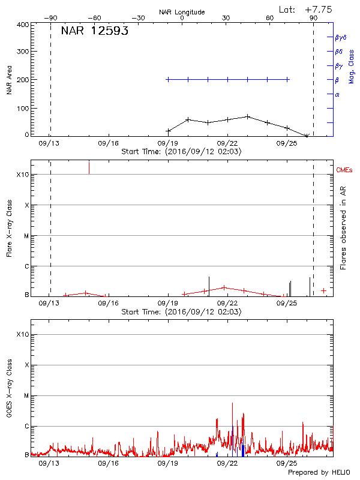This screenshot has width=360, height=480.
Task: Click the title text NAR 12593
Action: [94, 32]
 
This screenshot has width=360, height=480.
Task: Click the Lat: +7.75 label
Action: [306, 9]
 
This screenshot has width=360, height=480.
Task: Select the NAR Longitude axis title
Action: [182, 12]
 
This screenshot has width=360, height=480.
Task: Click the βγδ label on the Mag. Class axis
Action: [341, 37]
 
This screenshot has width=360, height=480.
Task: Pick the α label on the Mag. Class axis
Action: [337, 94]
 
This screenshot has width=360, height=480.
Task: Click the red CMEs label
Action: [344, 170]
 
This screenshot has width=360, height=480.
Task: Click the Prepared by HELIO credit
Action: [318, 473]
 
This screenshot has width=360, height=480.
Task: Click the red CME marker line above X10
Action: [89, 167]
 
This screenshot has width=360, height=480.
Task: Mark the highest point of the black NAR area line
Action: [247, 116]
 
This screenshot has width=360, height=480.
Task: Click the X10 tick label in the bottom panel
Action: [23, 334]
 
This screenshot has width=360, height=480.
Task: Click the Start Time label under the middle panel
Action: [181, 312]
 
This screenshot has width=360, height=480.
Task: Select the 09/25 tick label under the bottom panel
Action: [287, 463]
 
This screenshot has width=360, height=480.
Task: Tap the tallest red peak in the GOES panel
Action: [232, 404]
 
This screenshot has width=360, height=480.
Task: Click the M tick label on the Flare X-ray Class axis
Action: [26, 236]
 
